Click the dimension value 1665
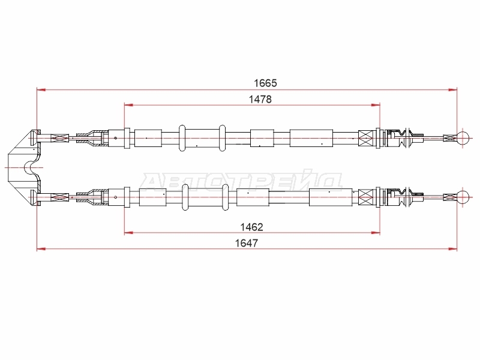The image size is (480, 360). click(265, 83)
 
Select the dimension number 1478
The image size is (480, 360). click(260, 99)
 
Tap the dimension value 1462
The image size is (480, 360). click(251, 227)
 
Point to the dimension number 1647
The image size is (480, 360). click(247, 243)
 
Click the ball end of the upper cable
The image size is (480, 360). click(463, 138)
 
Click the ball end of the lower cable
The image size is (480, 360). click(463, 197)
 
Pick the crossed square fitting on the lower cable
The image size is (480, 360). click(367, 197)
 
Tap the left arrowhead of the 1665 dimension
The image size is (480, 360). click(41, 89)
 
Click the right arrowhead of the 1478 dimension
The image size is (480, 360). click(376, 105)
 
